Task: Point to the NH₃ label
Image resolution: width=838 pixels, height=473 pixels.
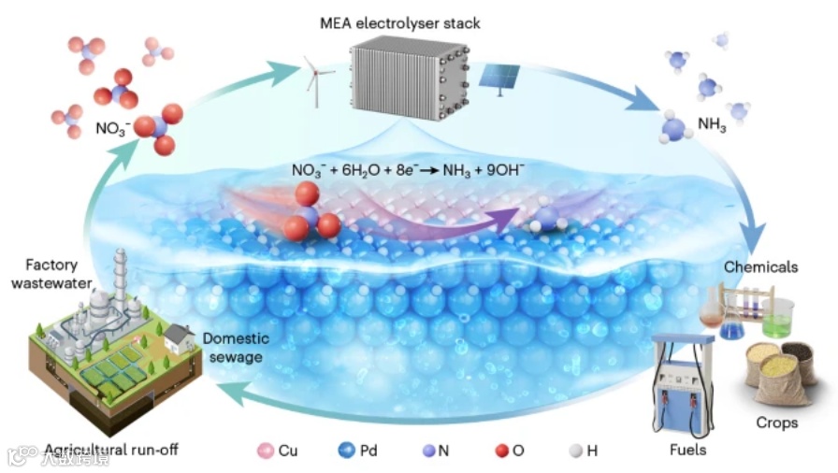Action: pyautogui.click(x=712, y=123)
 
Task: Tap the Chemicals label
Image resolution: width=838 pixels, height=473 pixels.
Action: pyautogui.click(x=759, y=267)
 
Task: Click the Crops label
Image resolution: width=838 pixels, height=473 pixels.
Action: pyautogui.click(x=776, y=423)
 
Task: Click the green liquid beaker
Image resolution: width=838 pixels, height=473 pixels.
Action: pyautogui.click(x=776, y=320)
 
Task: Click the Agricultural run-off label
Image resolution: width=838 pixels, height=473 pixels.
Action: pyautogui.click(x=110, y=450)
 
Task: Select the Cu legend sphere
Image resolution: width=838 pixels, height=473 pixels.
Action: pyautogui.click(x=265, y=451)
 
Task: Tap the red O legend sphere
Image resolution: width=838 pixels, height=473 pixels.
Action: pyautogui.click(x=502, y=451)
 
